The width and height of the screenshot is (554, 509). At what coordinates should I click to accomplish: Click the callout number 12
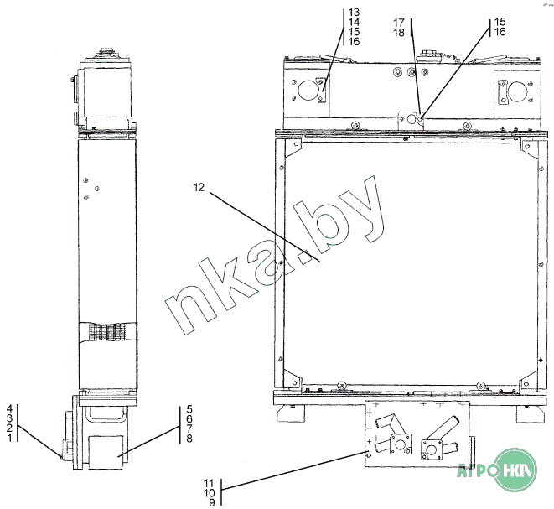pyautogui.click(x=199, y=187)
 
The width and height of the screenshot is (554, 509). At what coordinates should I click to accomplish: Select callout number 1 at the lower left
pyautogui.click(x=9, y=438)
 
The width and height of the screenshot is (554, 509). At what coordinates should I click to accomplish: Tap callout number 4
pyautogui.click(x=9, y=409)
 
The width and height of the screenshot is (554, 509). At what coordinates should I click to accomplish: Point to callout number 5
pyautogui.click(x=189, y=409)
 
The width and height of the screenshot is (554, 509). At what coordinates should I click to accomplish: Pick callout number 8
pyautogui.click(x=189, y=439)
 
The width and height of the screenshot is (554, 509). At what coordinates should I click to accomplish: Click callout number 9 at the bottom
pyautogui.click(x=212, y=502)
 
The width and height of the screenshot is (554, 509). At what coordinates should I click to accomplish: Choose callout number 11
pyautogui.click(x=209, y=483)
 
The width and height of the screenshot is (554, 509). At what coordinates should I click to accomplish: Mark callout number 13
pyautogui.click(x=354, y=13)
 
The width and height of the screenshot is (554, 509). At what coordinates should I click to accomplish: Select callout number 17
pyautogui.click(x=399, y=23)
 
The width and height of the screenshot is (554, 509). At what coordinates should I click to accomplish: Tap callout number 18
pyautogui.click(x=399, y=33)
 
